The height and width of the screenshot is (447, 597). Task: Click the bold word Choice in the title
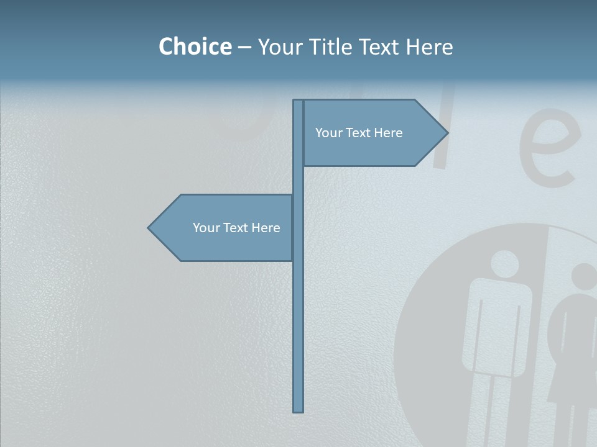click(195, 47)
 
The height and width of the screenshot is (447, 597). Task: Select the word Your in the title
click(279, 47)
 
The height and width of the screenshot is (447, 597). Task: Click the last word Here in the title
click(429, 47)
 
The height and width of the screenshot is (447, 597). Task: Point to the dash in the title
click(244, 47)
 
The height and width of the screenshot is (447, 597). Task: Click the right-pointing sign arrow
click(373, 133)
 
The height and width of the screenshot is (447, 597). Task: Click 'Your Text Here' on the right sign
click(359, 133)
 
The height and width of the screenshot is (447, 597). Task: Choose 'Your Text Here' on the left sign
click(236, 228)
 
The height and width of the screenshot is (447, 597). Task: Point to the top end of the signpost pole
click(298, 102)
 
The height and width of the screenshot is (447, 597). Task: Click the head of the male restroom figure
click(504, 263)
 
